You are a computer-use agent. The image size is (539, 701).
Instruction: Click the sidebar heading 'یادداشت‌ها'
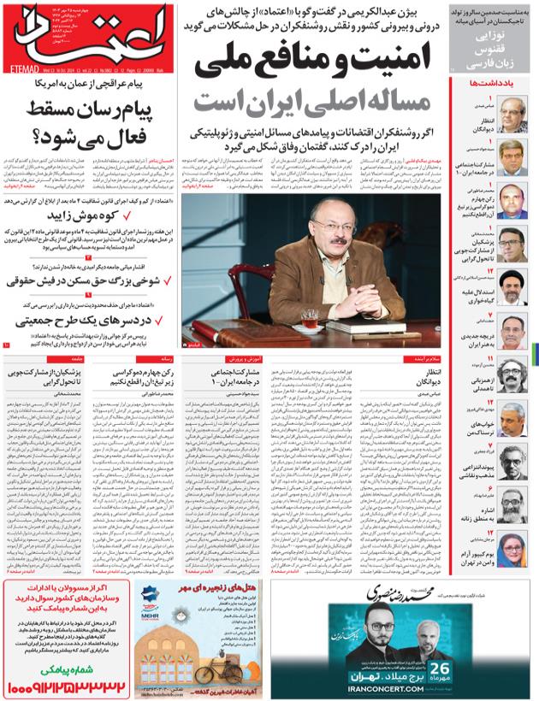495,83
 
